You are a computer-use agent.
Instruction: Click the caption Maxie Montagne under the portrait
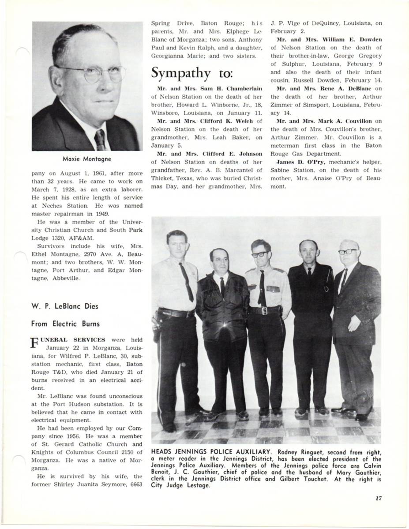(87, 159)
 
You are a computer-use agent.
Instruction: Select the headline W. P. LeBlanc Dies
(65, 306)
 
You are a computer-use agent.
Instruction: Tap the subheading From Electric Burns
(65, 324)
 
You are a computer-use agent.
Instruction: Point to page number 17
(378, 498)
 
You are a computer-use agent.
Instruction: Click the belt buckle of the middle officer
(264, 310)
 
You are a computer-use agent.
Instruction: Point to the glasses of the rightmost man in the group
(348, 252)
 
